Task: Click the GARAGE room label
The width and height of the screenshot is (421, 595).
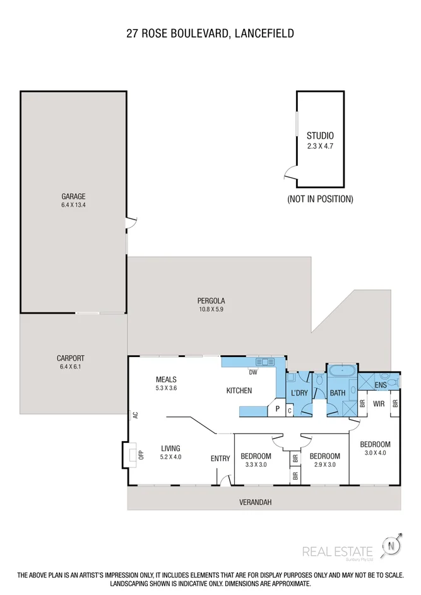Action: (73, 196)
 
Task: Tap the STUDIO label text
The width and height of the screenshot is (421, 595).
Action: (319, 136)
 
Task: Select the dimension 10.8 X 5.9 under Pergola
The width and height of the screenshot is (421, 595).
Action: (211, 310)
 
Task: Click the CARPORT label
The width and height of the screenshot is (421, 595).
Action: (70, 358)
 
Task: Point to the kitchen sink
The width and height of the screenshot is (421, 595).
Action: (266, 362)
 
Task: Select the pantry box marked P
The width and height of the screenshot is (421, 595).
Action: (277, 409)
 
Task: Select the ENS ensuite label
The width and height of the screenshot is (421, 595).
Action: (381, 385)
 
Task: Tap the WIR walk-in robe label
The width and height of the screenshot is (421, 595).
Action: (379, 403)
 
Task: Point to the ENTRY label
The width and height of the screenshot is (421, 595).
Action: (220, 459)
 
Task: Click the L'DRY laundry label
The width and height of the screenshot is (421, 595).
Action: (299, 392)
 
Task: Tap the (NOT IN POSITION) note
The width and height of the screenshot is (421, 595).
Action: (320, 199)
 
